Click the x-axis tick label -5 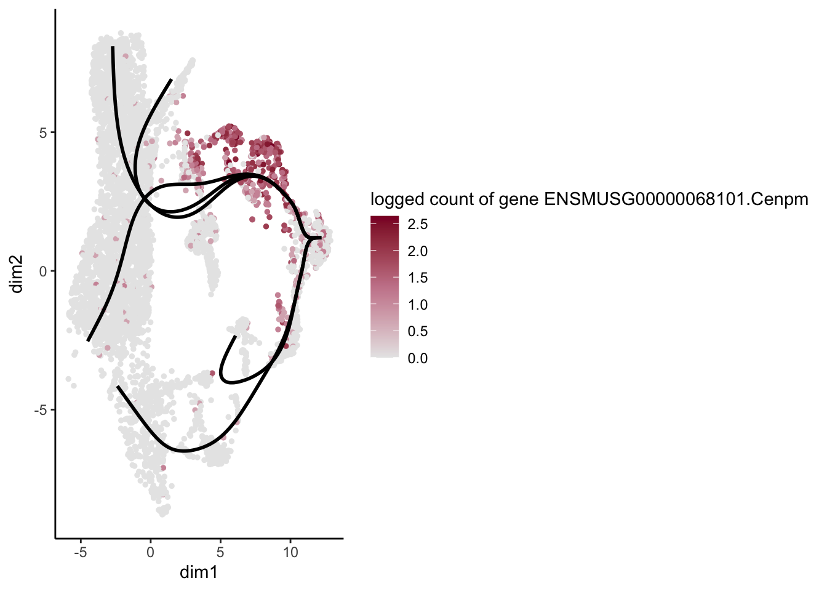80,552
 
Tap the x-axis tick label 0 150,552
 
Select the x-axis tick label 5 220,552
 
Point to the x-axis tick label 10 290,552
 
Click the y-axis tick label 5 42,132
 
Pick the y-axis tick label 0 42,271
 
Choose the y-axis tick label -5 40,410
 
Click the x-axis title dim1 199,573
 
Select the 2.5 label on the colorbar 417,224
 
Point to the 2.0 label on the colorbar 417,251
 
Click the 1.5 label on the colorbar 417,278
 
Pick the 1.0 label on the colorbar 417,305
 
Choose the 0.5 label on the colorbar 417,331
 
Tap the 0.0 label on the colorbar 417,358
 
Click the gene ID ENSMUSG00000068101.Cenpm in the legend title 676,199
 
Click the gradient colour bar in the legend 385,287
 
